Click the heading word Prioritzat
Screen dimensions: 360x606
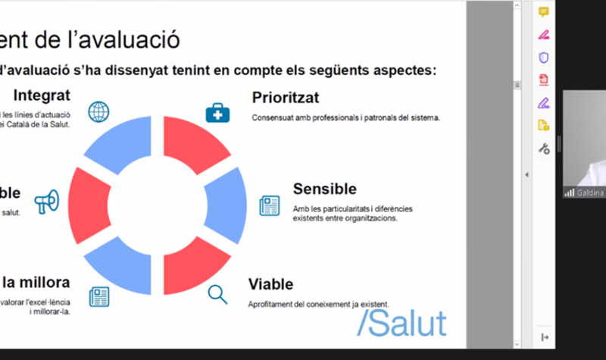click(285, 98)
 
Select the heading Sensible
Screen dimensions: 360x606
click(324, 189)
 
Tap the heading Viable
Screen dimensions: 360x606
click(270, 284)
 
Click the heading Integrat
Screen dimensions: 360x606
click(42, 95)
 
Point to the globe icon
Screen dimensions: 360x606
click(98, 112)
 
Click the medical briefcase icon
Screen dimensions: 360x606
click(217, 113)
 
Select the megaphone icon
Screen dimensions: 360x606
click(46, 202)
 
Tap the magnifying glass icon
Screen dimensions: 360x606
click(217, 294)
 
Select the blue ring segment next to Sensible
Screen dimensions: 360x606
click(228, 205)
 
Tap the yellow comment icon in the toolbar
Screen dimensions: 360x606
click(543, 12)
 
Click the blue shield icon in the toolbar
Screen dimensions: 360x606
click(543, 58)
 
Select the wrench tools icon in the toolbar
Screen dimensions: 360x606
click(543, 149)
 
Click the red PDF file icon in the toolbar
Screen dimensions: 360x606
click(543, 80)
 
